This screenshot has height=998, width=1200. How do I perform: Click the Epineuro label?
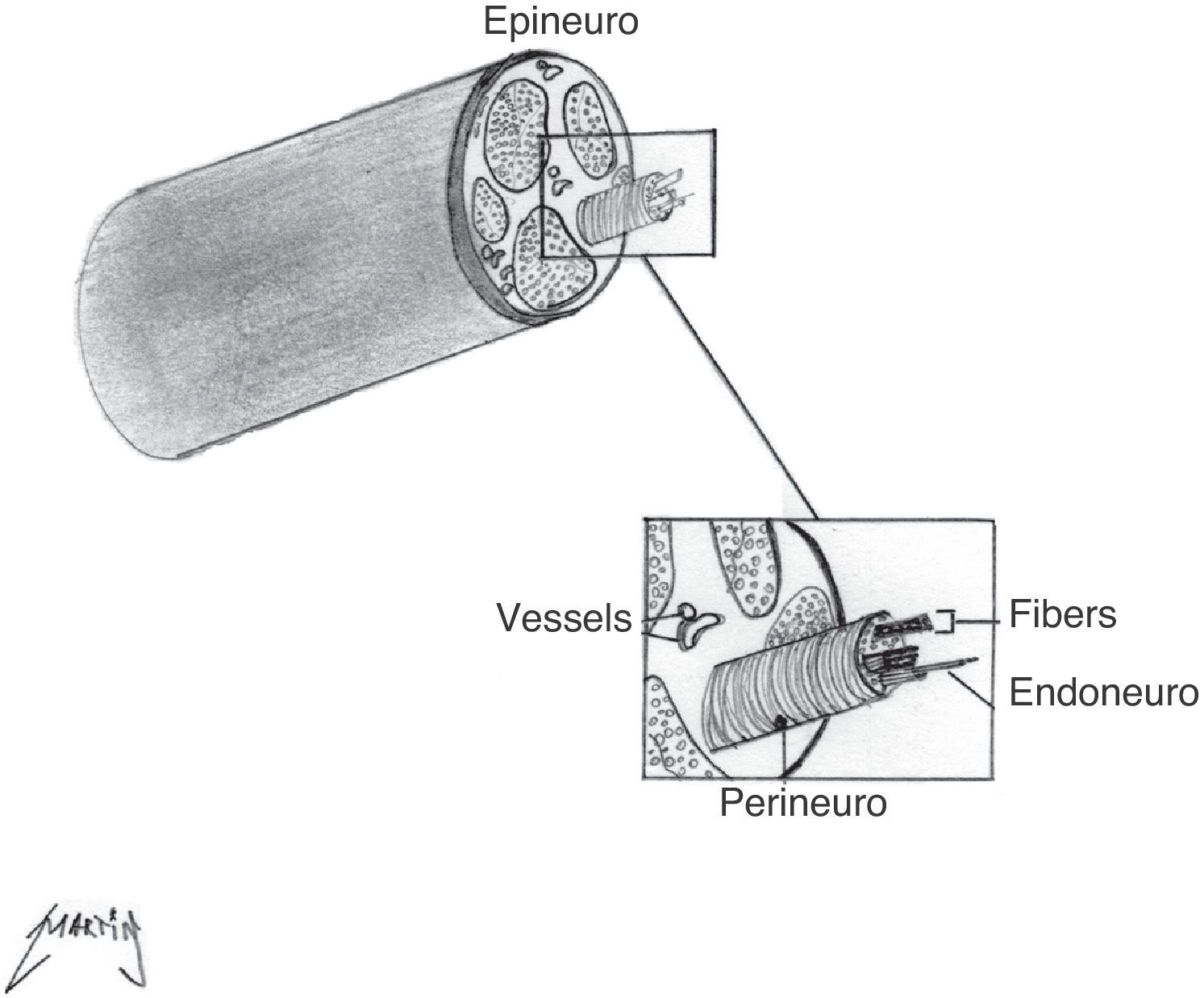point(560,22)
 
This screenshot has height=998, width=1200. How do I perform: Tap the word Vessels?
point(564,618)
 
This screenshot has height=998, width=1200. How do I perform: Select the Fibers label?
point(1062,614)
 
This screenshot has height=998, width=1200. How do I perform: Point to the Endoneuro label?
point(1103,692)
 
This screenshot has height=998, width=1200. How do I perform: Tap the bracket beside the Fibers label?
point(947,622)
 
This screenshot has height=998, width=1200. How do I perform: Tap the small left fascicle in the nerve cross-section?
point(490,208)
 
